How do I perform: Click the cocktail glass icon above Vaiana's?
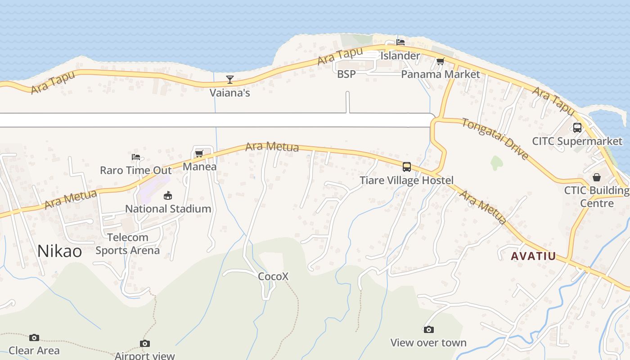230,80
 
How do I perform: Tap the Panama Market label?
440,74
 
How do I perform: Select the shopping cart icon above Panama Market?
440,62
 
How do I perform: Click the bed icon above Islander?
400,42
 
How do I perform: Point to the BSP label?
346,74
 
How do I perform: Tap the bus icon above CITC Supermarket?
577,128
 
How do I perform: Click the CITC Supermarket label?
577,141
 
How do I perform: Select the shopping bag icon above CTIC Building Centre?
596,177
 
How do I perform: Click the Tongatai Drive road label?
495,138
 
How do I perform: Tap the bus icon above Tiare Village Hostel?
407,167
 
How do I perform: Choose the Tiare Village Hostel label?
406,180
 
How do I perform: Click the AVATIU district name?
533,256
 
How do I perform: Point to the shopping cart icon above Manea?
199,154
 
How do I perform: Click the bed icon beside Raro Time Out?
136,157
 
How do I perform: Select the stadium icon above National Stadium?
168,195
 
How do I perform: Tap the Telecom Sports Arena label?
128,243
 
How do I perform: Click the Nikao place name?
59,251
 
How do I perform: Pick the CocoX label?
273,276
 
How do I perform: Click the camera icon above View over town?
428,330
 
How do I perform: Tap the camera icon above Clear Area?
34,337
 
